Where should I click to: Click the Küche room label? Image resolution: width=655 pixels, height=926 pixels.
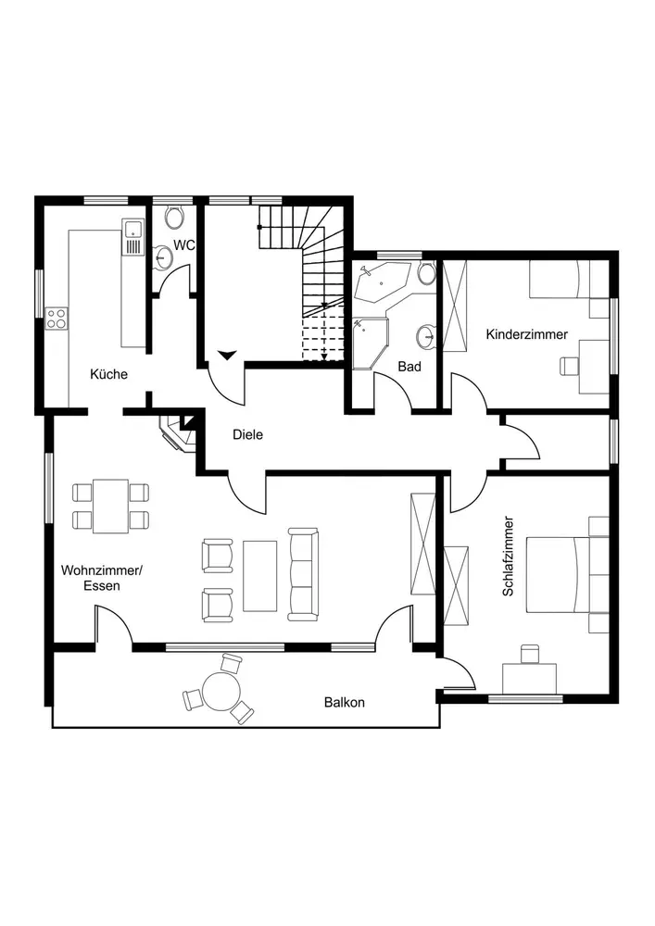108,374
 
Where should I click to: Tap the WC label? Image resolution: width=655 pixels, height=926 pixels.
184,245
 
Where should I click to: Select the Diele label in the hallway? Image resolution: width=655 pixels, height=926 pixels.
248,432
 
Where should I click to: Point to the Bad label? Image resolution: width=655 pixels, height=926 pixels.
409,367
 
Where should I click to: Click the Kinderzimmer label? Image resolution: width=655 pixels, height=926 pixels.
526,334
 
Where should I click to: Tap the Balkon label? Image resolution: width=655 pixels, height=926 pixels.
344,702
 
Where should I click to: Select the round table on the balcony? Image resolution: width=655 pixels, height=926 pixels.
220,689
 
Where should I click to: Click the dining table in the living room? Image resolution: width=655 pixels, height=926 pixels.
111,506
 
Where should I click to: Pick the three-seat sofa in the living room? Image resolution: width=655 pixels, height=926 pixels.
303,574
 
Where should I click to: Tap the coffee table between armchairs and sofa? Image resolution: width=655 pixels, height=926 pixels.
259,575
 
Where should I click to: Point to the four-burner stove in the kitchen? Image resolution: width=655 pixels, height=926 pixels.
57,318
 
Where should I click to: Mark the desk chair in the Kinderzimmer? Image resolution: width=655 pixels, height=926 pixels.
567,365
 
